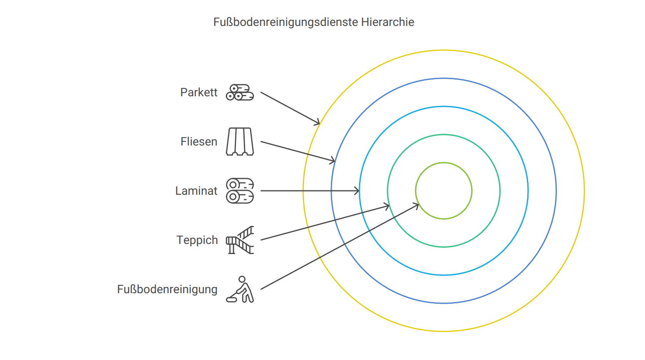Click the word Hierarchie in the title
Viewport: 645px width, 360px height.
coord(388,22)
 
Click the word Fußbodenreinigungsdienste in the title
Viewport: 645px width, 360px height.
coord(286,22)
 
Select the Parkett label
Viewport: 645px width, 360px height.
coord(199,92)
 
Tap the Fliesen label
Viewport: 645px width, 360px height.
coord(199,142)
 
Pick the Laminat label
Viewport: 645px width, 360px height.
coord(196,191)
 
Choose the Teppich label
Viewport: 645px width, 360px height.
coord(197,240)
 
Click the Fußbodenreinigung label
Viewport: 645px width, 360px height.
coord(167,289)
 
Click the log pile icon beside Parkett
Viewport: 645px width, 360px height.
coord(240,92)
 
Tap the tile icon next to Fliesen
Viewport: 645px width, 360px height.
coord(240,142)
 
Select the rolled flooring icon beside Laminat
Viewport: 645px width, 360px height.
coord(240,191)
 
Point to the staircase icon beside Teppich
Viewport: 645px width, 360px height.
coord(240,240)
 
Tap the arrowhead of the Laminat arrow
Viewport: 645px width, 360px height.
coord(358,191)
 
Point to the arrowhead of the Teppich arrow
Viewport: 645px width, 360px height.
coord(388,205)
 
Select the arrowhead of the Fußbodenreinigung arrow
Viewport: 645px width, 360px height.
coord(417,204)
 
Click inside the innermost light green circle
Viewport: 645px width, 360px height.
coord(444,191)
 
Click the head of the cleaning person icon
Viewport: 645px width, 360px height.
coord(242,279)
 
